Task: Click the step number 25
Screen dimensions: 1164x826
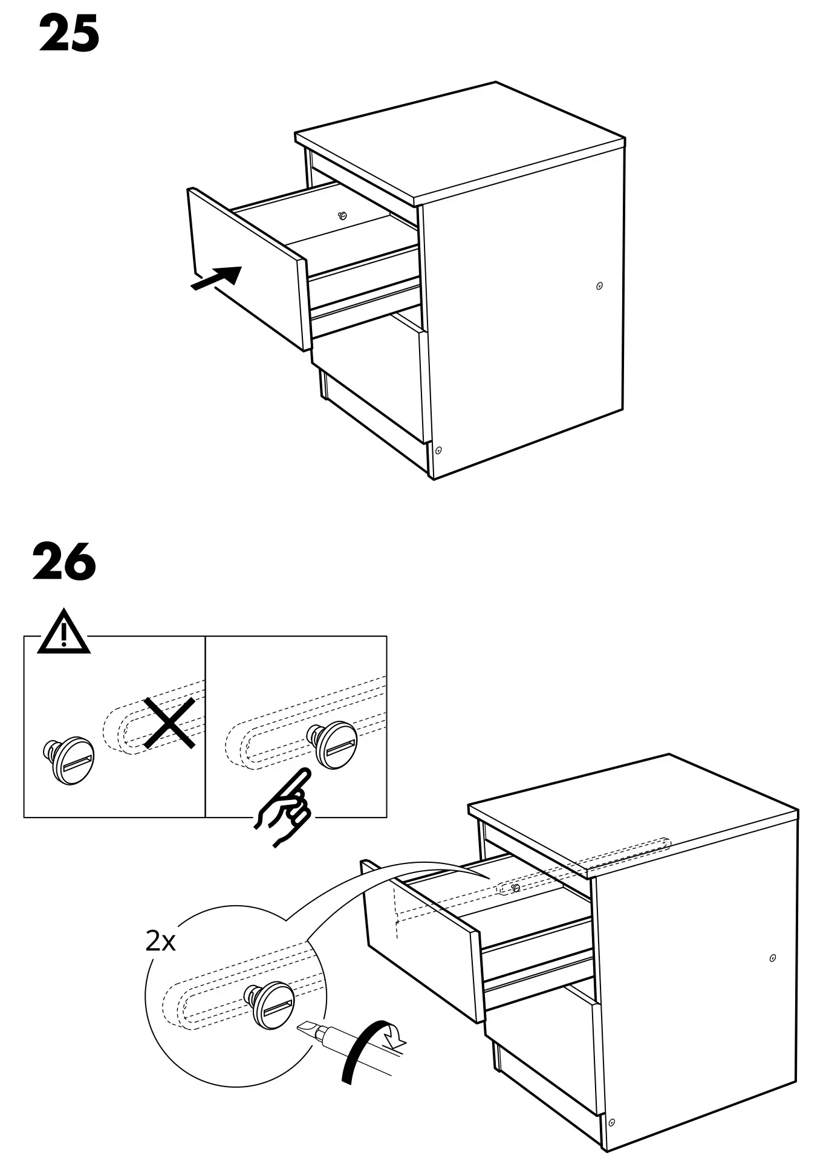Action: (x=69, y=35)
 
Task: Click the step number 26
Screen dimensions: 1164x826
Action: (x=64, y=562)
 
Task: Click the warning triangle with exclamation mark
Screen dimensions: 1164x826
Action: (x=63, y=633)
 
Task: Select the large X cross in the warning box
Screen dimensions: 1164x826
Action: (x=169, y=723)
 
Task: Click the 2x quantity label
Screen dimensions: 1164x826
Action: (x=161, y=941)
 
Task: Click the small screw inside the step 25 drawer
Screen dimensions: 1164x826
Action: (x=342, y=215)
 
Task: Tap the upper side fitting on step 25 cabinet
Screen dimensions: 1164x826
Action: (x=599, y=286)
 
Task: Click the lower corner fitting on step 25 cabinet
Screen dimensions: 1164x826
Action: (x=438, y=450)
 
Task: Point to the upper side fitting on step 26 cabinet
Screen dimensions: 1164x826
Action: (x=773, y=958)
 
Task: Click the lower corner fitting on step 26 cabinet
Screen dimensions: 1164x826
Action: (x=611, y=1122)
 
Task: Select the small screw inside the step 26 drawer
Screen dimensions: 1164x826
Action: (x=515, y=888)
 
